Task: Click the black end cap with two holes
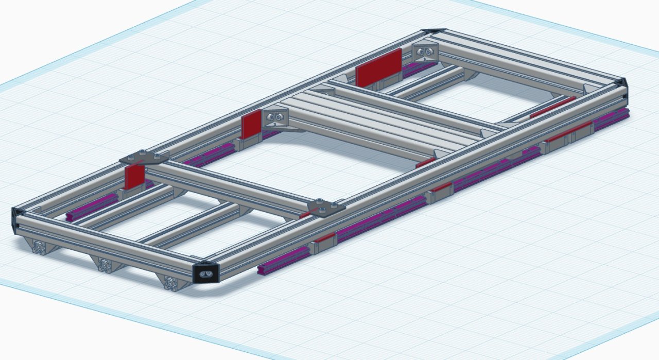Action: [207, 273]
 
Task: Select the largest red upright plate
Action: [378, 68]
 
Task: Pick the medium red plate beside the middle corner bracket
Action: [252, 125]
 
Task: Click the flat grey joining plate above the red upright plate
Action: [145, 157]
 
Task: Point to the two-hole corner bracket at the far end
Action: [425, 54]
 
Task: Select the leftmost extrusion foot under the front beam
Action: [40, 248]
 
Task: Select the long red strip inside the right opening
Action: [552, 107]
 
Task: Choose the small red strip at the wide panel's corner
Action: [425, 163]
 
